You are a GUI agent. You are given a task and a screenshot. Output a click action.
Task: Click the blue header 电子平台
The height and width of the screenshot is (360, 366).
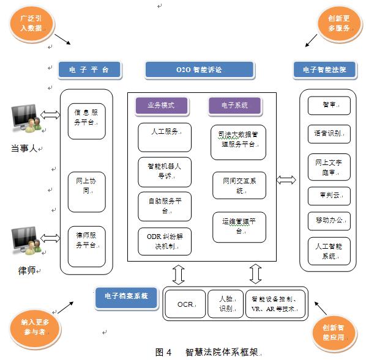89,70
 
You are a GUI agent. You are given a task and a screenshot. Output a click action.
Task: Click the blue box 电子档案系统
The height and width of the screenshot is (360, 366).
126,296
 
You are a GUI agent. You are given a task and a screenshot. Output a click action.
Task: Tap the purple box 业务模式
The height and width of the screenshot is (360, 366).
160,106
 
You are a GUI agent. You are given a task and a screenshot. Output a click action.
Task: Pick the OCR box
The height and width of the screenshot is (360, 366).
184,303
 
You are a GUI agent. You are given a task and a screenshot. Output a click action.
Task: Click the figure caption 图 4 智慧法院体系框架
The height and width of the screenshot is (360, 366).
207,352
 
